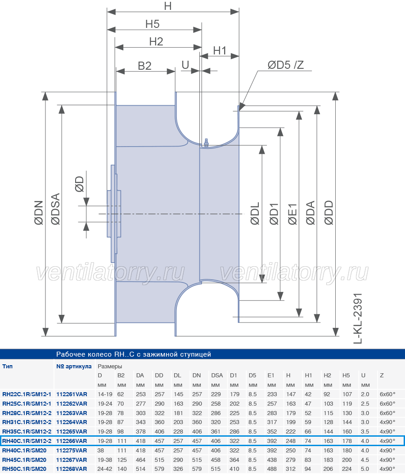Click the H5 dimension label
tap(152, 24)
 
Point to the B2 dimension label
tap(144, 66)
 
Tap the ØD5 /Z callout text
tap(286, 65)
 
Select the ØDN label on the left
tap(39, 213)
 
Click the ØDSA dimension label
tap(56, 209)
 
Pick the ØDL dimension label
tap(255, 214)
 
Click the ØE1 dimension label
tap(292, 214)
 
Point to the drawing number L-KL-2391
tap(358, 318)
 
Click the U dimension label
tap(185, 65)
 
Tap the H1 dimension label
tap(220, 50)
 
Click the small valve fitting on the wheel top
tap(206, 143)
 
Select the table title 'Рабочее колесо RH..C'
tap(134, 354)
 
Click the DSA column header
tap(217, 376)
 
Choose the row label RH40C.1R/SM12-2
tap(27, 441)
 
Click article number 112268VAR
tap(72, 469)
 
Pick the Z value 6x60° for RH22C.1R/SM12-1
tap(387, 394)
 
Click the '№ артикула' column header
tap(74, 367)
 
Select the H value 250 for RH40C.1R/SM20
tap(291, 451)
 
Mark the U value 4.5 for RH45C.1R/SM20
tap(365, 460)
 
